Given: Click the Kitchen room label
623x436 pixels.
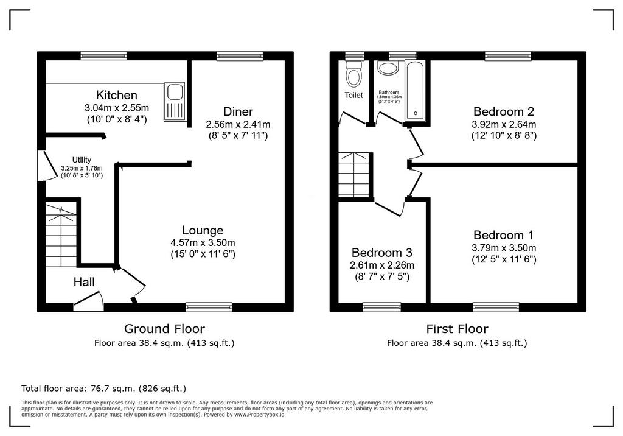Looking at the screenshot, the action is pos(116,95).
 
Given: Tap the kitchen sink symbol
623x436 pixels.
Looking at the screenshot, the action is pos(174,102).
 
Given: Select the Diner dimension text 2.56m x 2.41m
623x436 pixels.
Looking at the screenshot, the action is pos(238,124).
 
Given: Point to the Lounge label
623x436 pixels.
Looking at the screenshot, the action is pos(203,230).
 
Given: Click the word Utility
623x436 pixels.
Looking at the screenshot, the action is pos(82,160).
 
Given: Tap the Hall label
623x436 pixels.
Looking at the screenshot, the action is pos(84,282).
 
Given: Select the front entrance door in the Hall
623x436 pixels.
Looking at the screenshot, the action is pos(89,301).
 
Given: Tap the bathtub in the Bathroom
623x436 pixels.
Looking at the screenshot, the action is pos(415,91).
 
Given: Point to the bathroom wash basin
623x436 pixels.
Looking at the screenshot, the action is pos(388,68).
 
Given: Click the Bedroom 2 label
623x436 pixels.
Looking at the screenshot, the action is pos(503,111).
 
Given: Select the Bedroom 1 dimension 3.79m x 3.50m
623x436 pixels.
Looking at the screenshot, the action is pos(504,248).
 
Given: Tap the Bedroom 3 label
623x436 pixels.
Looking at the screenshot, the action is pos(382,253).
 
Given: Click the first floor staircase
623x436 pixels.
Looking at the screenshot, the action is pos(353,175).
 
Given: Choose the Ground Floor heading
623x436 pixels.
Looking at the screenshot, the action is pos(164,329).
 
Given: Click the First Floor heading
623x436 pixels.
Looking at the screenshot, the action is pos(458,329).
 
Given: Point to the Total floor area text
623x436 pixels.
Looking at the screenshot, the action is pos(103,389).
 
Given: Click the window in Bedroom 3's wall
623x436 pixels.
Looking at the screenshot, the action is pos(381,307).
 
